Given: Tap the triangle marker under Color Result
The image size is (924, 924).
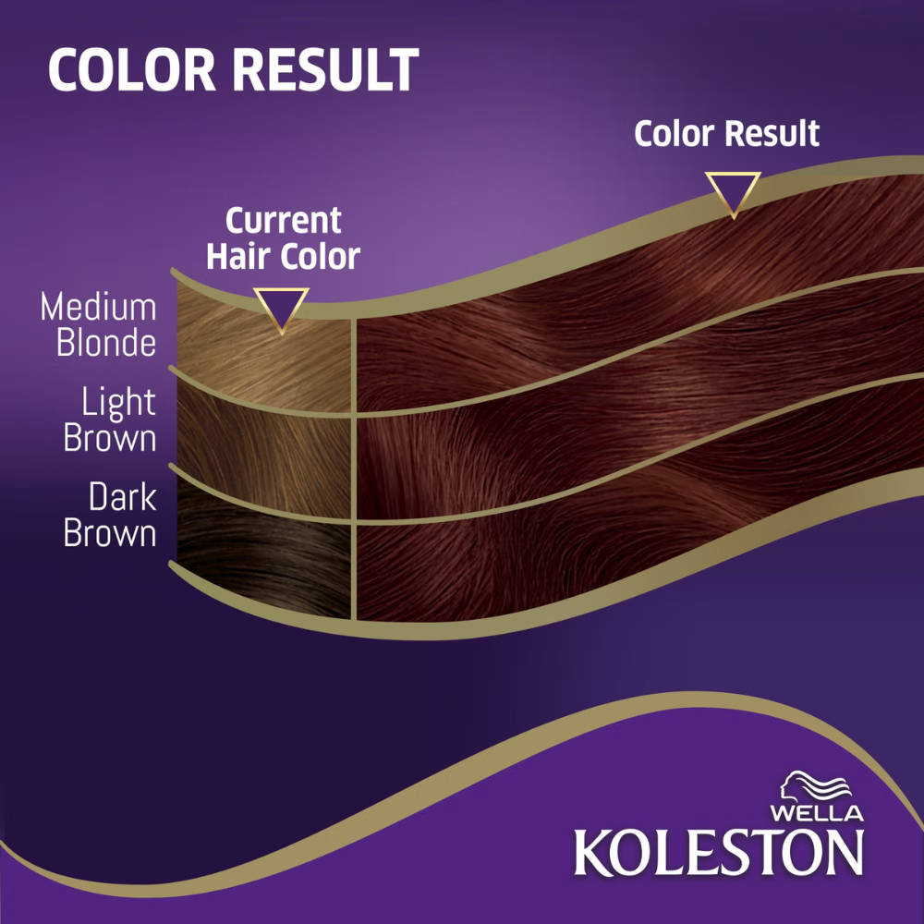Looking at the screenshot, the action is pos(733,193).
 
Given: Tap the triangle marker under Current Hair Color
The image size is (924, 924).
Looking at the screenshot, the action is pos(281,310).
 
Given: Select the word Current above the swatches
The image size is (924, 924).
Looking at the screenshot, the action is pos(284,221).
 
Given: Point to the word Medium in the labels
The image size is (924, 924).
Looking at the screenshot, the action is pos(99,307).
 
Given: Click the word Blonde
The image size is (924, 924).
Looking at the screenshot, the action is pos(106,343).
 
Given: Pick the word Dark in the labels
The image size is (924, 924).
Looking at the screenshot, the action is pos(123,497).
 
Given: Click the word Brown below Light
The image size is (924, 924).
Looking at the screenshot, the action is pos(110,438).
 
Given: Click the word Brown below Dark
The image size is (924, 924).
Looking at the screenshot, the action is pos(110,533).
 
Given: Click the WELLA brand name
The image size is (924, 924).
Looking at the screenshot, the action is pos(817,813).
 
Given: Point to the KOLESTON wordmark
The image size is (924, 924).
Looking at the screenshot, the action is pos(719,852).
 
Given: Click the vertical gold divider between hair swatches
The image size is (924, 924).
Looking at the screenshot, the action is pos(354,468).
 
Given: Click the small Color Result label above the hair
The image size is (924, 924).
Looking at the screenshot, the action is pos(726,134).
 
